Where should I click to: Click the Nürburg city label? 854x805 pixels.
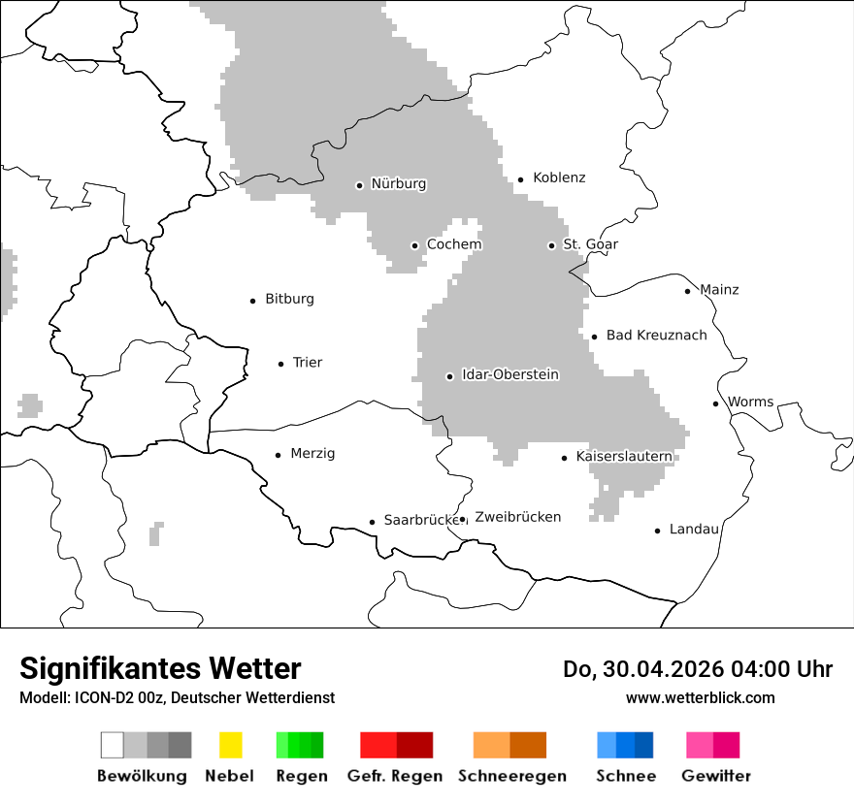coord(398,184)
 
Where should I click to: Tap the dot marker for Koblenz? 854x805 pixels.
coord(521,179)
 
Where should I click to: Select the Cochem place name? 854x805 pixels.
coord(454,244)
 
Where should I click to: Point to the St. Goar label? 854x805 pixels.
coord(590,244)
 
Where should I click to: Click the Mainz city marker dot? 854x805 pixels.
coord(688,291)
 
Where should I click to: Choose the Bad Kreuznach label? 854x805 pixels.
coord(656,336)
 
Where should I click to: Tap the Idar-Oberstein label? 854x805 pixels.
coord(510,375)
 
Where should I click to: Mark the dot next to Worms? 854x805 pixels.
coord(716,403)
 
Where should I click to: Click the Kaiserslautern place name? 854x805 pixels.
coord(624,457)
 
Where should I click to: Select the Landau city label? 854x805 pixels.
coord(694,530)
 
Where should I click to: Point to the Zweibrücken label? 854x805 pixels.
coord(517,517)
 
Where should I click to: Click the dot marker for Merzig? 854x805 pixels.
coord(279,455)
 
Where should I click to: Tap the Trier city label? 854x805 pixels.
coord(307,363)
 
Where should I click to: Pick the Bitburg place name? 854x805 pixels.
coord(289,300)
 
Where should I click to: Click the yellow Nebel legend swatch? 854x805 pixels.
coord(230,745)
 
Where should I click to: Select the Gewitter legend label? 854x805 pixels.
coord(715,776)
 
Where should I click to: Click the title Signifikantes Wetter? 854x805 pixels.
coord(160,668)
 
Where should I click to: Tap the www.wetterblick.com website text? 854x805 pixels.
coord(700,697)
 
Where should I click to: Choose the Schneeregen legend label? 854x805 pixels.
coord(511,776)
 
